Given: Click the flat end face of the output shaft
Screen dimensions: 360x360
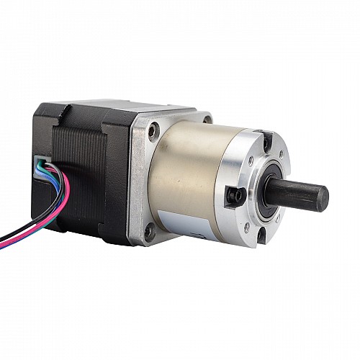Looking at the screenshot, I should (320, 198).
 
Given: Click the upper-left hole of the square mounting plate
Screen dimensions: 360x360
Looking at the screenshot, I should (153, 131).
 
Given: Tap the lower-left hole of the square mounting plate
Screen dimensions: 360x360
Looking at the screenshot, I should (149, 232).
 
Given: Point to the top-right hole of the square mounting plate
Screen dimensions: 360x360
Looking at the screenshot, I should (207, 120).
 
